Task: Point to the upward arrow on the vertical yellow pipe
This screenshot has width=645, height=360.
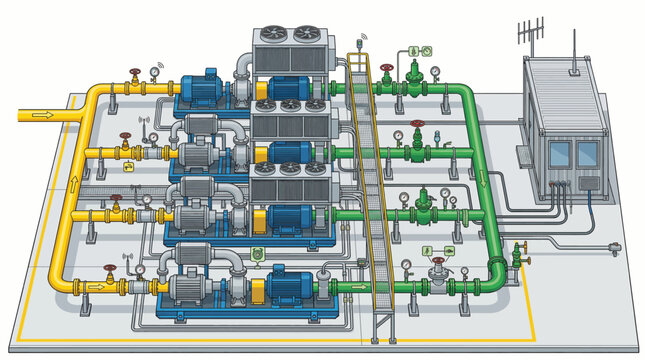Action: (x=74, y=184)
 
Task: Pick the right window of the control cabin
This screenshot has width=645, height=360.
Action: (x=588, y=153)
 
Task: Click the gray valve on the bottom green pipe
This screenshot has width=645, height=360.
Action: (x=437, y=268)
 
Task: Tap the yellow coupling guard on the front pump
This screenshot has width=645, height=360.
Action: (x=258, y=290)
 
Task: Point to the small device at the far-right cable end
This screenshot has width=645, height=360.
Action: (x=620, y=243)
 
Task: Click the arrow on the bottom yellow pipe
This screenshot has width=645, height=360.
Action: (x=96, y=285)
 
